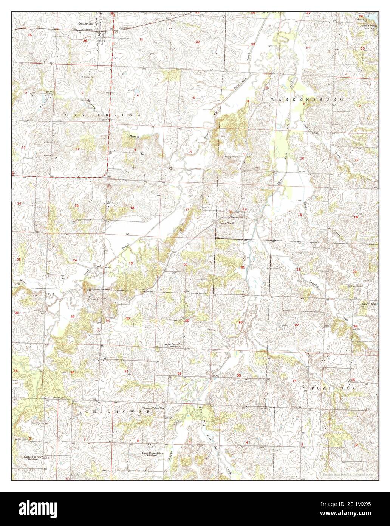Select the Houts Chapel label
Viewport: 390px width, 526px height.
coord(227,223)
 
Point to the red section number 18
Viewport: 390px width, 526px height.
coord(132,207)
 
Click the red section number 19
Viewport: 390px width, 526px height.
coord(131,263)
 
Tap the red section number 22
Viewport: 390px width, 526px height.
coord(298,269)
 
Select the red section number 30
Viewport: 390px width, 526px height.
coord(128,319)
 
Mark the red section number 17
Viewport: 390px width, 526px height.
coord(187,209)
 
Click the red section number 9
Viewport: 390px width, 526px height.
coord(244,154)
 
